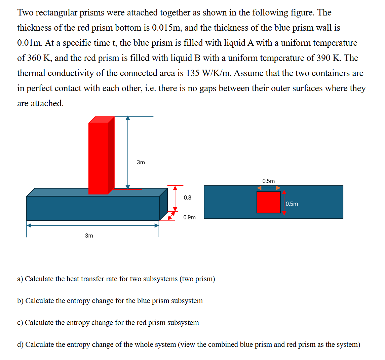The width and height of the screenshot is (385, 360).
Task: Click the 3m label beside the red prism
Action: pyautogui.click(x=141, y=162)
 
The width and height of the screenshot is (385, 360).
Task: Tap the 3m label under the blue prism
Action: pyautogui.click(x=89, y=236)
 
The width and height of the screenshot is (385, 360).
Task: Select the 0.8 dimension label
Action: pyautogui.click(x=187, y=197)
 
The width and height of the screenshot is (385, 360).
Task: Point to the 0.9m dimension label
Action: pyautogui.click(x=189, y=217)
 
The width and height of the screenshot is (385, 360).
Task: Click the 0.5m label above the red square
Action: pyautogui.click(x=268, y=181)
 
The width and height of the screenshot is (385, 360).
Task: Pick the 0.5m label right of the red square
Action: pyautogui.click(x=292, y=204)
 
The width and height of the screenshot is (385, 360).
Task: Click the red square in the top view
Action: pyautogui.click(x=268, y=202)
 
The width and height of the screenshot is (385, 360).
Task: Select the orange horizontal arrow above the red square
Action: pyautogui.click(x=268, y=188)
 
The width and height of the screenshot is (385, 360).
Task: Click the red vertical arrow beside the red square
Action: pyautogui.click(x=284, y=202)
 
